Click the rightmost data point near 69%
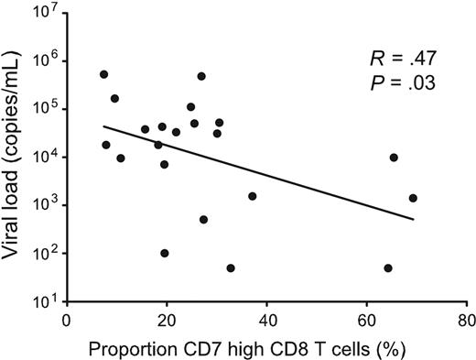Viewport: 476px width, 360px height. click(413, 198)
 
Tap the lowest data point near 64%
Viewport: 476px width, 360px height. click(388, 268)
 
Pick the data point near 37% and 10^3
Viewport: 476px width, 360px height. click(252, 196)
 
